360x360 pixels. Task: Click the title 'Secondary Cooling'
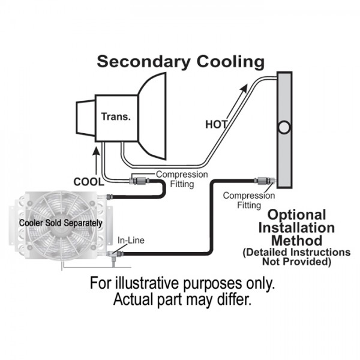(x=181, y=61)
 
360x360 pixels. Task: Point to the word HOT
(x=216, y=125)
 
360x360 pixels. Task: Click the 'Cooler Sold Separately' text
(x=61, y=223)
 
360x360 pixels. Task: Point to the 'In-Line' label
(x=131, y=241)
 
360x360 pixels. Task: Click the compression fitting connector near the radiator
(x=263, y=179)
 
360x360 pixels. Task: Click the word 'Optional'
(x=296, y=215)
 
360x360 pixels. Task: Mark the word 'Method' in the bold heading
(x=296, y=240)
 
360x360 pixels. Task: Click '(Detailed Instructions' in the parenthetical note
(x=296, y=252)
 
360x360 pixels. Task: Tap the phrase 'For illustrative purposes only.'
(x=180, y=283)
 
